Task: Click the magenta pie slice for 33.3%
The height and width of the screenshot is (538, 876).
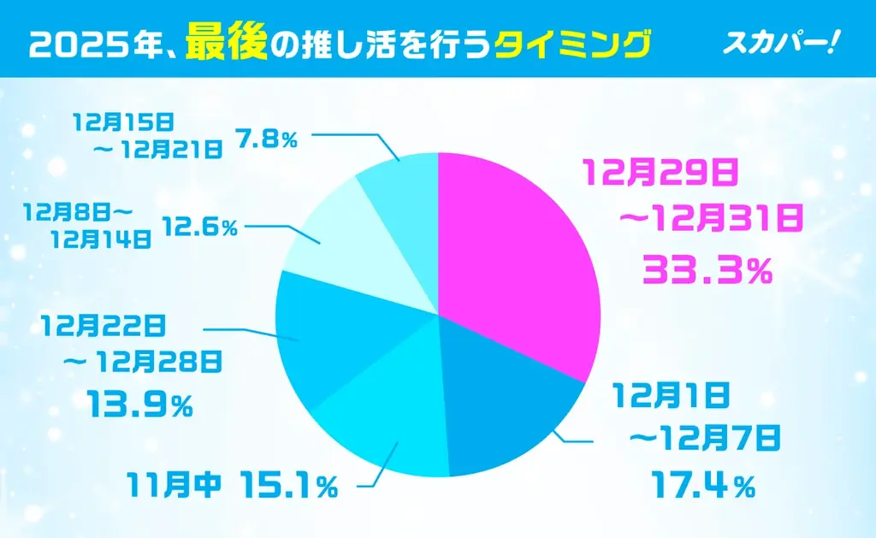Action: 513,257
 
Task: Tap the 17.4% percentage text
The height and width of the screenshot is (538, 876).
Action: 701,487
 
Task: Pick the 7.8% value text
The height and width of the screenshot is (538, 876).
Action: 267,138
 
